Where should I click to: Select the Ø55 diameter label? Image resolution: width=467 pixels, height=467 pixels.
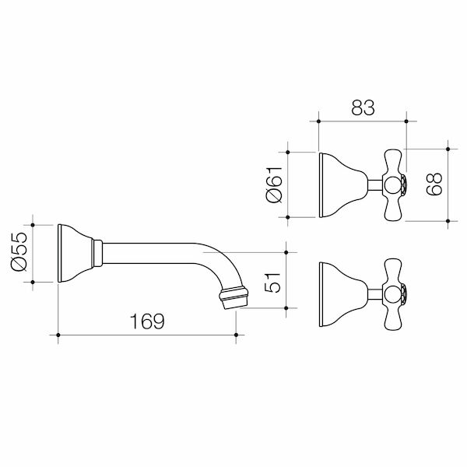[x=16, y=253]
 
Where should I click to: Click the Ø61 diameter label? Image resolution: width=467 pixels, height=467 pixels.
[x=274, y=184]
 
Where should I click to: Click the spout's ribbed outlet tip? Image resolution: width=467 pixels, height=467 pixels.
[x=234, y=297]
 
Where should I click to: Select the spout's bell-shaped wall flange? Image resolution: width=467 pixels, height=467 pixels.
[x=74, y=254]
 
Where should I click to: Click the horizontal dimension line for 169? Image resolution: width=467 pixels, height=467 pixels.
[x=147, y=336]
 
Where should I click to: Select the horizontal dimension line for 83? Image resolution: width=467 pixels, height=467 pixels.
[x=361, y=121]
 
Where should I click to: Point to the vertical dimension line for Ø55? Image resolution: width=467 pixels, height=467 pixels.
[x=32, y=254]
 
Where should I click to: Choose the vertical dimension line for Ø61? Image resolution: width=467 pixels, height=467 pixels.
[x=290, y=184]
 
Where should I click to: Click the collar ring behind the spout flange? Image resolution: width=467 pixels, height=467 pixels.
[x=97, y=254]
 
